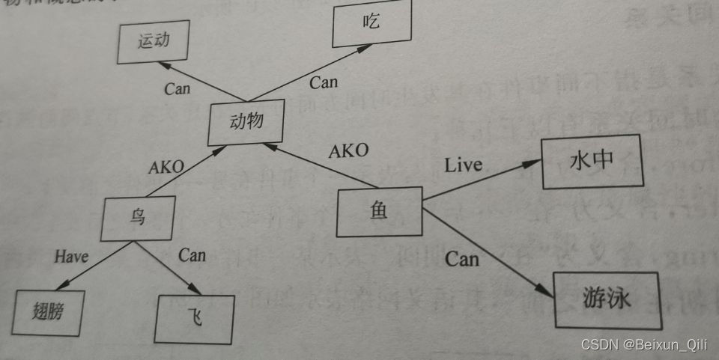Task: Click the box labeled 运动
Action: tap(153, 41)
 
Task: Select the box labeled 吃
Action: tap(372, 23)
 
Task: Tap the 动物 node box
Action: tap(246, 121)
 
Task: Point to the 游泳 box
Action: tap(607, 299)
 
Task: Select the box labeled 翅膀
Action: tap(49, 311)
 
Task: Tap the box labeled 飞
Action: tap(195, 319)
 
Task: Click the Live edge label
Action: tap(463, 165)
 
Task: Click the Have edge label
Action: tap(71, 257)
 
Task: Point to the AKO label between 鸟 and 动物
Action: tap(166, 167)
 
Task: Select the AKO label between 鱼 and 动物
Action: tap(348, 150)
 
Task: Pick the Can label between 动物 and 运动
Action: tap(178, 88)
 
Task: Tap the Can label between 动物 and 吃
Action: tap(324, 81)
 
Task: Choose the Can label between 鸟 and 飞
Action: tap(192, 255)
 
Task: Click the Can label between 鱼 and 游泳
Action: tap(461, 260)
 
